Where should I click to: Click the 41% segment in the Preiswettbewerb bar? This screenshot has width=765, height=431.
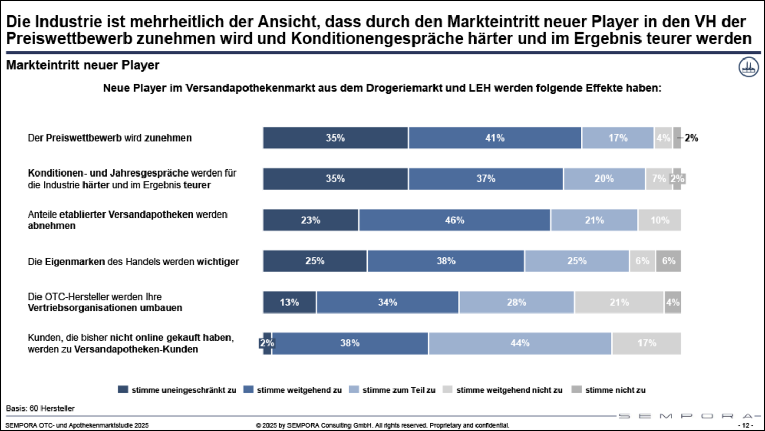coord(495,138)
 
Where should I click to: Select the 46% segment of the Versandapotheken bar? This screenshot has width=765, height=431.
coord(454,220)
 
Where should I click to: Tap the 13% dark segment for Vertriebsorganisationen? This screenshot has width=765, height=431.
coord(290,302)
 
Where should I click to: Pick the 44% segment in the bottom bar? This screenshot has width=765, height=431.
coord(520,343)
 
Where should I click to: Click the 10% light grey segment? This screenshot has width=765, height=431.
coord(660,220)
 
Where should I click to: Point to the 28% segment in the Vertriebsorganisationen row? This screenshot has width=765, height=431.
coord(516,302)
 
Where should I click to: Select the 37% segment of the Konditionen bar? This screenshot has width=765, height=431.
coord(486,179)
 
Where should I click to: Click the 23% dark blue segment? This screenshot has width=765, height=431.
coord(311,220)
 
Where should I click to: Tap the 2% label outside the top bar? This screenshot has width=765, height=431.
coord(691,138)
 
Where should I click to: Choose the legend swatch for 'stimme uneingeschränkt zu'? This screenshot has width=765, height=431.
coord(123,389)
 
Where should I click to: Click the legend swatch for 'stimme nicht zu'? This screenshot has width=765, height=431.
coord(576,389)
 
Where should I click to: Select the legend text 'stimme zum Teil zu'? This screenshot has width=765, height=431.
coord(399,390)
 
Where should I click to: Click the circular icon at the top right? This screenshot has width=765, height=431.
coord(749,67)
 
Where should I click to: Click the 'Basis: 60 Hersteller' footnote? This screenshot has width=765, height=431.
coord(40,408)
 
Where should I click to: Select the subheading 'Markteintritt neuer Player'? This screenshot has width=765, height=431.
coord(82,65)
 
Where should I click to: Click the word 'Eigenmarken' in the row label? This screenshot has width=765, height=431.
coord(75,262)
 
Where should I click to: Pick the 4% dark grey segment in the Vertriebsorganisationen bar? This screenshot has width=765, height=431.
coord(673,302)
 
